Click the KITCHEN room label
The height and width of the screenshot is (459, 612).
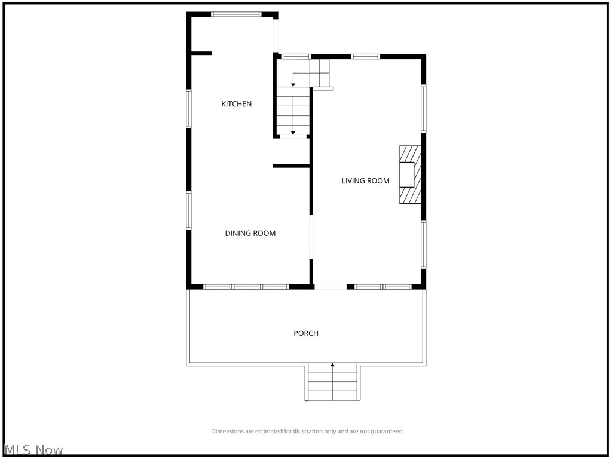(237, 104)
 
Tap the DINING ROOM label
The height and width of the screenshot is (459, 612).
(250, 234)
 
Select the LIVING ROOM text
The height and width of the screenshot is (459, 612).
(366, 181)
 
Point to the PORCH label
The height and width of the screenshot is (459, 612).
(306, 333)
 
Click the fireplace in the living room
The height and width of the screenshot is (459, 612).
(411, 175)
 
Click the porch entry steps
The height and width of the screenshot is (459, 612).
(332, 382)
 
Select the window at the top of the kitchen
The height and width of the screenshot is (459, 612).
(236, 14)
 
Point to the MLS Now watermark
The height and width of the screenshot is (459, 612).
(33, 450)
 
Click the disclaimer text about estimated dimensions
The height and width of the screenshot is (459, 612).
(307, 431)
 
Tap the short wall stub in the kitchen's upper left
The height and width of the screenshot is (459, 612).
(201, 54)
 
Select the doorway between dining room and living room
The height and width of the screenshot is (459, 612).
(311, 237)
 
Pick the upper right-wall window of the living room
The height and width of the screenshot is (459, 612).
(423, 108)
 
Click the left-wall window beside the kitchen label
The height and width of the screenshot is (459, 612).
(189, 109)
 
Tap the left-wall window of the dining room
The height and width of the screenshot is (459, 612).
(189, 210)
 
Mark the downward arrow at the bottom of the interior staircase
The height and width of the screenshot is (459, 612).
(293, 133)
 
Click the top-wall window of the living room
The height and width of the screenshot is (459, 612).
(365, 57)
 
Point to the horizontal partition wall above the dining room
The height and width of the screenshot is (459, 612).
(291, 166)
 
